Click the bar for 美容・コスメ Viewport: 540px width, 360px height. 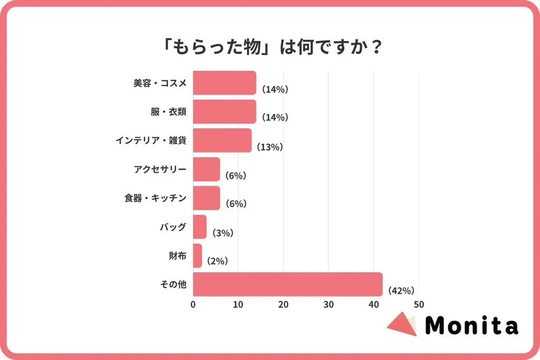[224, 83]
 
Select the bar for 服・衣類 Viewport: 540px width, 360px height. [224, 112]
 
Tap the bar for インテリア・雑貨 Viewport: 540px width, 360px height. [222, 140]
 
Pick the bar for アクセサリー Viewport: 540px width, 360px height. [206, 169]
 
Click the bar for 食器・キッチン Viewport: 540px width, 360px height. [206, 198]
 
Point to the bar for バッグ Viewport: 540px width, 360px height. [200, 227]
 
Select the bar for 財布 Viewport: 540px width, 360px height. [197, 256]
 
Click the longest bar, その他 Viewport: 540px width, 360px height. [287, 285]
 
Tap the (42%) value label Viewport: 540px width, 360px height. [401, 290]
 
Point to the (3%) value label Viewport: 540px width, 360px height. [223, 233]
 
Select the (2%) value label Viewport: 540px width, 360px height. [217, 261]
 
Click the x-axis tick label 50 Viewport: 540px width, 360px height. [419, 305]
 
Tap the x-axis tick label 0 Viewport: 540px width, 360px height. [193, 305]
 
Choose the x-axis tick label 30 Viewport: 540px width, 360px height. [329, 305]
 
